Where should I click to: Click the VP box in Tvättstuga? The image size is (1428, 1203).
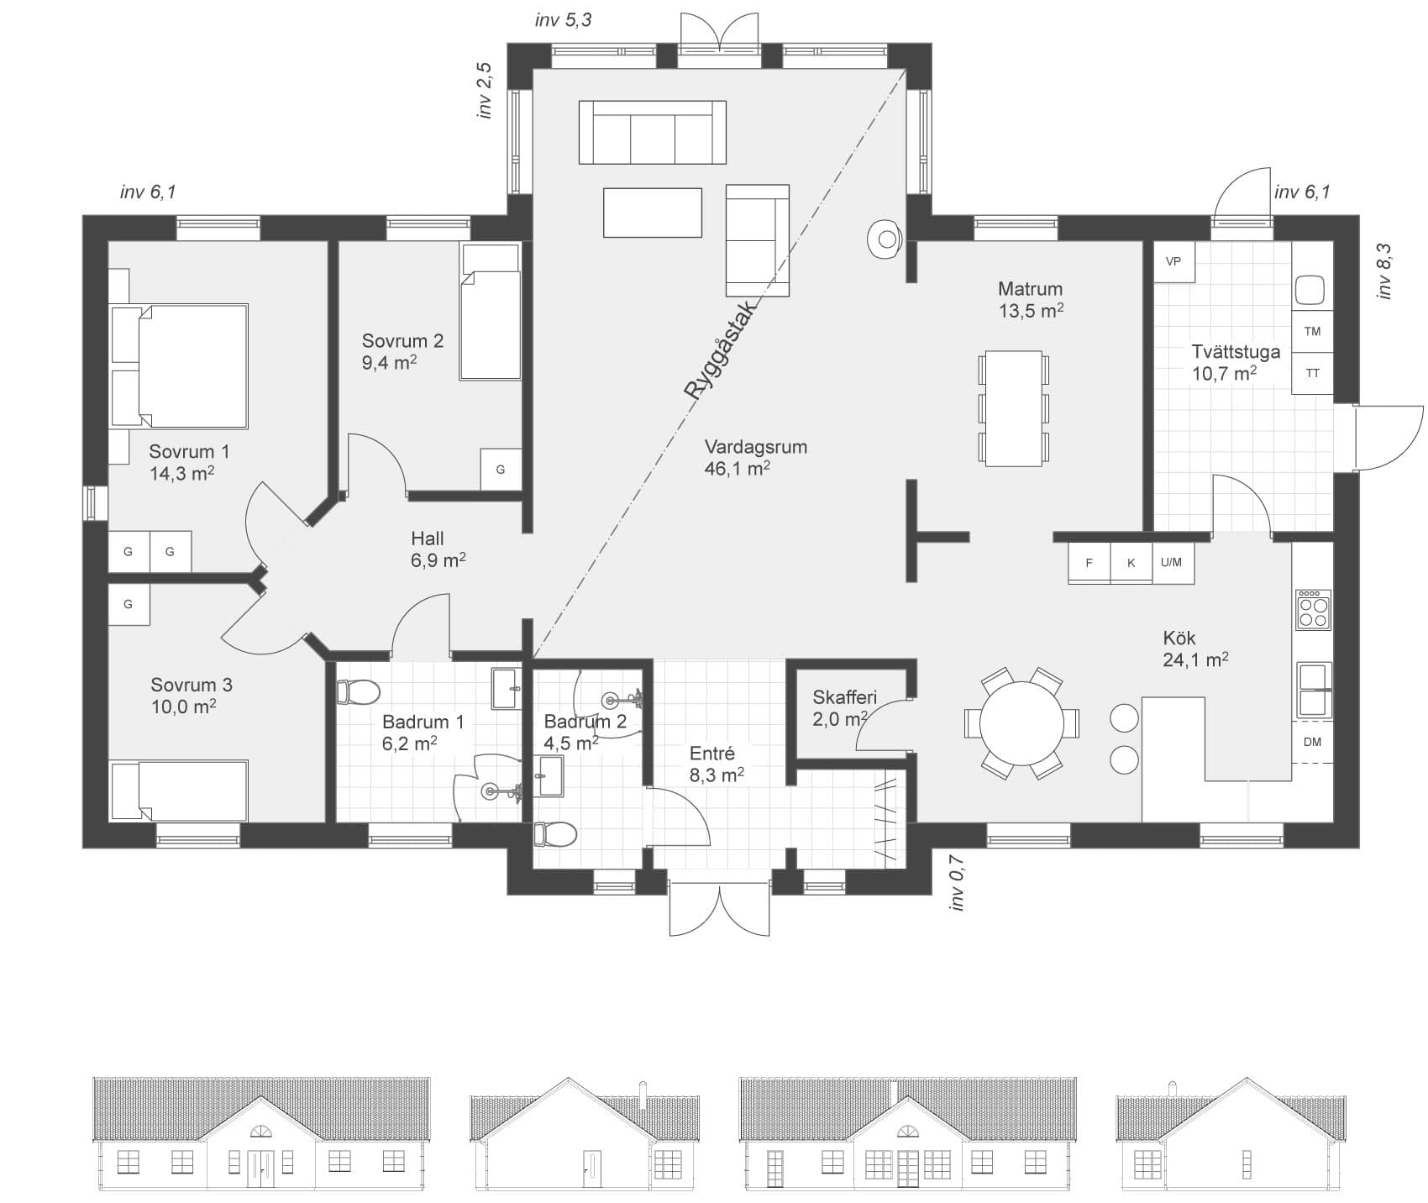coord(1173,261)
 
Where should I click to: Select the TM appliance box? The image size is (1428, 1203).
coord(1312,332)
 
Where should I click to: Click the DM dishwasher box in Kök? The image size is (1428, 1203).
coord(1312,742)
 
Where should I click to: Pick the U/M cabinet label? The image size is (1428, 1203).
coord(1172,563)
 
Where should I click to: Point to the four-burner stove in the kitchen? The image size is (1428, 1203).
coord(1314,610)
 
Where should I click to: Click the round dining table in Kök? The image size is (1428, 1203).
coord(1021,723)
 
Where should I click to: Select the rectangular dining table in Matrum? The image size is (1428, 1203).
coord(1013,408)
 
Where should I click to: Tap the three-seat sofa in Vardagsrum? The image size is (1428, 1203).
coord(652,132)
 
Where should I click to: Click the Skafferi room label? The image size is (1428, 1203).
coord(844,697)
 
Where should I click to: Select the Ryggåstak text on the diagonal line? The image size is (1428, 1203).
coord(721,349)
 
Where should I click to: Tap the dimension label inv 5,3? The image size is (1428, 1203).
coord(563,19)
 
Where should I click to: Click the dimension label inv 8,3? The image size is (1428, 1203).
coord(1383,271)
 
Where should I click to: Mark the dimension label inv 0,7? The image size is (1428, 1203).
coord(956,882)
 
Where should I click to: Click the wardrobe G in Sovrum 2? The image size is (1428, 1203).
coord(501,470)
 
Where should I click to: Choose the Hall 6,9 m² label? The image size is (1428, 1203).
coord(438,549)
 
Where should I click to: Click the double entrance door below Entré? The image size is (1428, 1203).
coord(719,907)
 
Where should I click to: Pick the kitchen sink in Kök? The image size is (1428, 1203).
coord(1314,691)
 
